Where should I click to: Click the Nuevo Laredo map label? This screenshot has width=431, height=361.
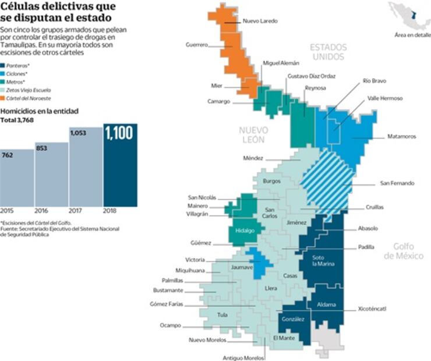(x=260, y=22)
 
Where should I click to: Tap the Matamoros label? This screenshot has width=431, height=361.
(x=402, y=137)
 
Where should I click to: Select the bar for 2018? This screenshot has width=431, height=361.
(x=121, y=165)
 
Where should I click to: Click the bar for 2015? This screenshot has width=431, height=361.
(x=16, y=178)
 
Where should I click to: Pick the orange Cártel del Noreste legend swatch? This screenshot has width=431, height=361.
(x=4, y=98)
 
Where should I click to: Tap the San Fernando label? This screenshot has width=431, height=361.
(x=397, y=183)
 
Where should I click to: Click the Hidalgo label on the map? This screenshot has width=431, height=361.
(x=245, y=231)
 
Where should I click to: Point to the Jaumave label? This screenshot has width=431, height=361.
(x=242, y=268)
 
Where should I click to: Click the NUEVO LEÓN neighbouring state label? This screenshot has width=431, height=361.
(x=252, y=135)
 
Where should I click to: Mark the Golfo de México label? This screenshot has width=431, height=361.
(x=407, y=251)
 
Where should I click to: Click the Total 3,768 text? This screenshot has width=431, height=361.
(x=18, y=121)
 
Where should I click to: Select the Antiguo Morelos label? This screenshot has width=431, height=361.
(x=242, y=358)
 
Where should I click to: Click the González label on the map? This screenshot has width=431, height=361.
(x=292, y=319)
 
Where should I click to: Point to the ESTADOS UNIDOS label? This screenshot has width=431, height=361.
(x=328, y=52)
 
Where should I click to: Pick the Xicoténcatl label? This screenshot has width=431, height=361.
(x=373, y=308)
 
